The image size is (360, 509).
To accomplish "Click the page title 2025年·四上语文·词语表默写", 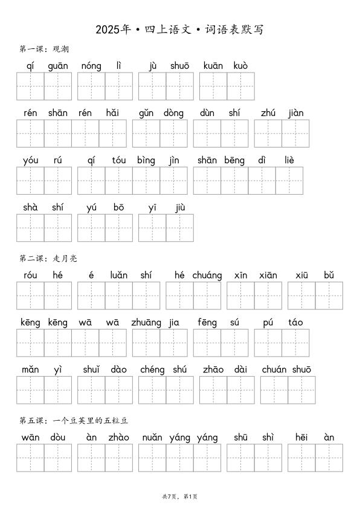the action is [x=179, y=30].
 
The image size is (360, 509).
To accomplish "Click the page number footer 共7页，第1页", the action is [x=180, y=496].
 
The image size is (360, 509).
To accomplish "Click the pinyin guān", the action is [x=58, y=66].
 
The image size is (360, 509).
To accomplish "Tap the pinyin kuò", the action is [x=240, y=66].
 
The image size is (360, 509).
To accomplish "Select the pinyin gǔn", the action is [x=146, y=113].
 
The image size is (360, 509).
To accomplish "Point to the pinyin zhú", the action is [x=268, y=113].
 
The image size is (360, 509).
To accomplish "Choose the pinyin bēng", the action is [x=234, y=160].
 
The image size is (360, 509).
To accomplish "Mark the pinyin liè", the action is [x=289, y=160].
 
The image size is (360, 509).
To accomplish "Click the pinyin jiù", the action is [x=179, y=207].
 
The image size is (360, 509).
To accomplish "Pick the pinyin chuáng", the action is [x=207, y=276].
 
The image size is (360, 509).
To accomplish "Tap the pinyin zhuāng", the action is [x=146, y=323].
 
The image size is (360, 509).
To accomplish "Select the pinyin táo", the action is [x=295, y=323].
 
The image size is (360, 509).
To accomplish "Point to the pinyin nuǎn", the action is [x=152, y=438].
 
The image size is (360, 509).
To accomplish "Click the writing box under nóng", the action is [x=91, y=86].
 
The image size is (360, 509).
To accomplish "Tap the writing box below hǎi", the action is [x=112, y=134].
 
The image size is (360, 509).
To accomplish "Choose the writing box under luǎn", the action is [x=118, y=296].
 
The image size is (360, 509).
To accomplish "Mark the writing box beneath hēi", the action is [x=301, y=458].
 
